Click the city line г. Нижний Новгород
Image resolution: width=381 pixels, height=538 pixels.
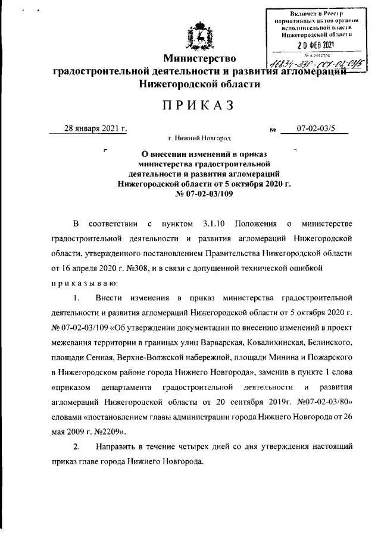[199, 139]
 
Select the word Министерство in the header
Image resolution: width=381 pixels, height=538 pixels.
[201, 58]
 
